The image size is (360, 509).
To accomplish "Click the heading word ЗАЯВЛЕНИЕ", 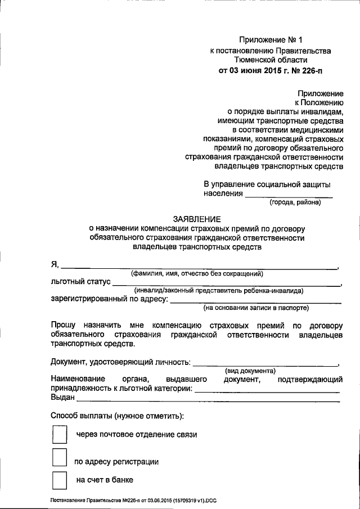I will pos(197,219).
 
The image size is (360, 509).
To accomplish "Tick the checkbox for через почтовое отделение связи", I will pos(59,434).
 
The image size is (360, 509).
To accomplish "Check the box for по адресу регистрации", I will pos(59,458).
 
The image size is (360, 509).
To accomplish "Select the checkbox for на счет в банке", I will pos(59,480).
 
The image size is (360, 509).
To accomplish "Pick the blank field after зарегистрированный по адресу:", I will pos(255,302).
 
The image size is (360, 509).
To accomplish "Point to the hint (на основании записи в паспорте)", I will pos(256,308).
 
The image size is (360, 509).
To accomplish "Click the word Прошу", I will pos(62,325).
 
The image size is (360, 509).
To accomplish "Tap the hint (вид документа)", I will pos(250,371).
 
